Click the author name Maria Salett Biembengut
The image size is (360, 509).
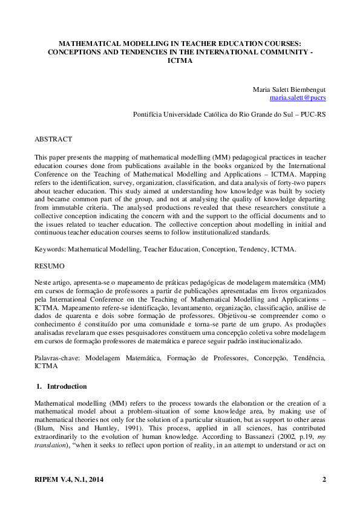[x=289, y=89]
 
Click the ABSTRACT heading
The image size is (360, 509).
[x=53, y=139]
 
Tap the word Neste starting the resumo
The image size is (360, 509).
[x=44, y=282]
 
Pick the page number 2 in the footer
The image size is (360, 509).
[x=324, y=480]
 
